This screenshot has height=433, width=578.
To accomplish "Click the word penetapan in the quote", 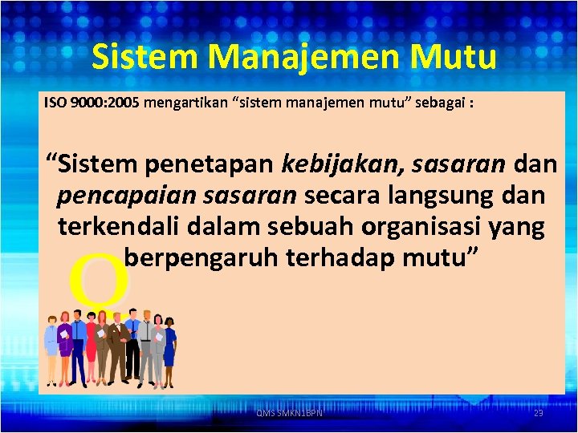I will pyautogui.click(x=211, y=164).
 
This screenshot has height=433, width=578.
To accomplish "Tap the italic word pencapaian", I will pyautogui.click(x=116, y=195).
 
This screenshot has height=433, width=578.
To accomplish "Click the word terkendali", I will pyautogui.click(x=120, y=226).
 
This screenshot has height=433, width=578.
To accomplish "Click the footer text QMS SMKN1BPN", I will pyautogui.click(x=289, y=413).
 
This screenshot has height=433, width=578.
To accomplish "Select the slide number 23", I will pyautogui.click(x=539, y=413).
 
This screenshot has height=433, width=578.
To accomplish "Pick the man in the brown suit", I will pyautogui.click(x=116, y=345).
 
